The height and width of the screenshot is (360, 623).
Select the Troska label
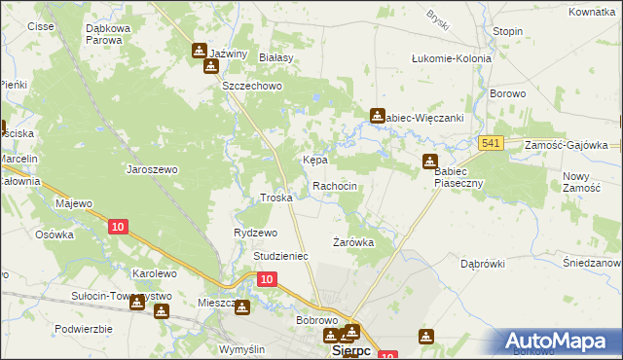click(x=276, y=198)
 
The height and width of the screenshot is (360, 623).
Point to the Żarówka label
click(x=353, y=242)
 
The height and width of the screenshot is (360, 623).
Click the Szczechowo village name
click(x=251, y=87)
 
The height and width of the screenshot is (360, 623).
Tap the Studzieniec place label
click(x=280, y=256)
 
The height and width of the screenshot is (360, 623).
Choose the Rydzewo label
click(x=256, y=233)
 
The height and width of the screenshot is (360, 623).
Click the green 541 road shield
click(x=491, y=144)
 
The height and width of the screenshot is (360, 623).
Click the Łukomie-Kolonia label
click(x=453, y=58)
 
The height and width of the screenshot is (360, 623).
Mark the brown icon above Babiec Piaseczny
click(x=429, y=162)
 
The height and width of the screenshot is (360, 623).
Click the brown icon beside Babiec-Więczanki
click(x=377, y=117)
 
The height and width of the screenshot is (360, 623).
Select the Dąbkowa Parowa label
click(x=117, y=35)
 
